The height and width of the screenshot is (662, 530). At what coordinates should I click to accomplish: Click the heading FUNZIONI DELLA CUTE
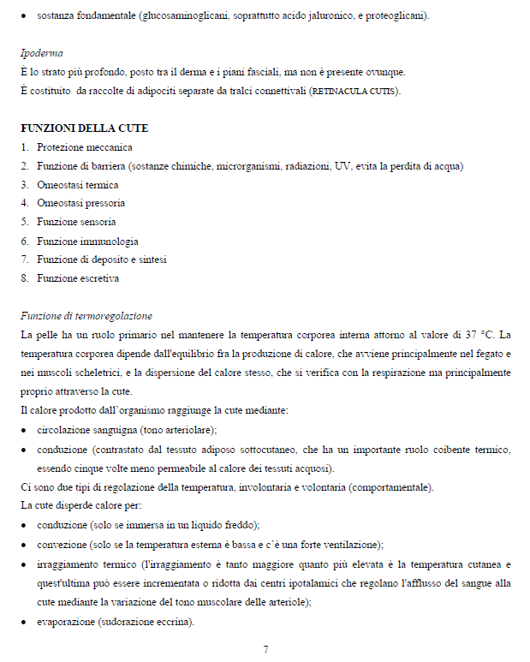(84, 128)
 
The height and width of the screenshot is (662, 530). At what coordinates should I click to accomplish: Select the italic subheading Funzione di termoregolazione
(86, 316)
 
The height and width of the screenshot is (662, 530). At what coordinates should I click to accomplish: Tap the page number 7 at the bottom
(265, 649)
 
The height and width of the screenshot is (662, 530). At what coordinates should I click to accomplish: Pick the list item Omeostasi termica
(77, 185)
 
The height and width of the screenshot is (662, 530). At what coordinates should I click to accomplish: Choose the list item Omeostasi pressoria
(80, 204)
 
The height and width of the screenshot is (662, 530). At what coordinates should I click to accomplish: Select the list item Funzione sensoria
(76, 223)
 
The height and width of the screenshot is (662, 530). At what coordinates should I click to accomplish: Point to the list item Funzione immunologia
(87, 242)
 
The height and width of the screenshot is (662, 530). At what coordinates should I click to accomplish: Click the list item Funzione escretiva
(78, 278)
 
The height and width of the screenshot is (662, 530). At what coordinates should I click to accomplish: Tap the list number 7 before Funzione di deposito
(25, 259)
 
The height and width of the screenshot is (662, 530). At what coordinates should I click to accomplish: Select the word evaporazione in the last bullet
(66, 622)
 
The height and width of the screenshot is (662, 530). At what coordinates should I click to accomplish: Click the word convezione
(63, 545)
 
